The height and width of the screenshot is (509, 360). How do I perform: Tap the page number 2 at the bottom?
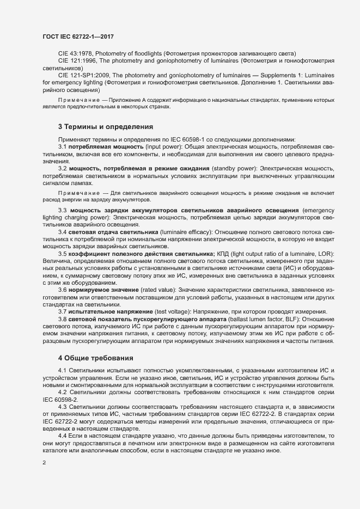tap(44, 463)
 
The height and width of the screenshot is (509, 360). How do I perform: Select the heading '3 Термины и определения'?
tap(105, 127)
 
